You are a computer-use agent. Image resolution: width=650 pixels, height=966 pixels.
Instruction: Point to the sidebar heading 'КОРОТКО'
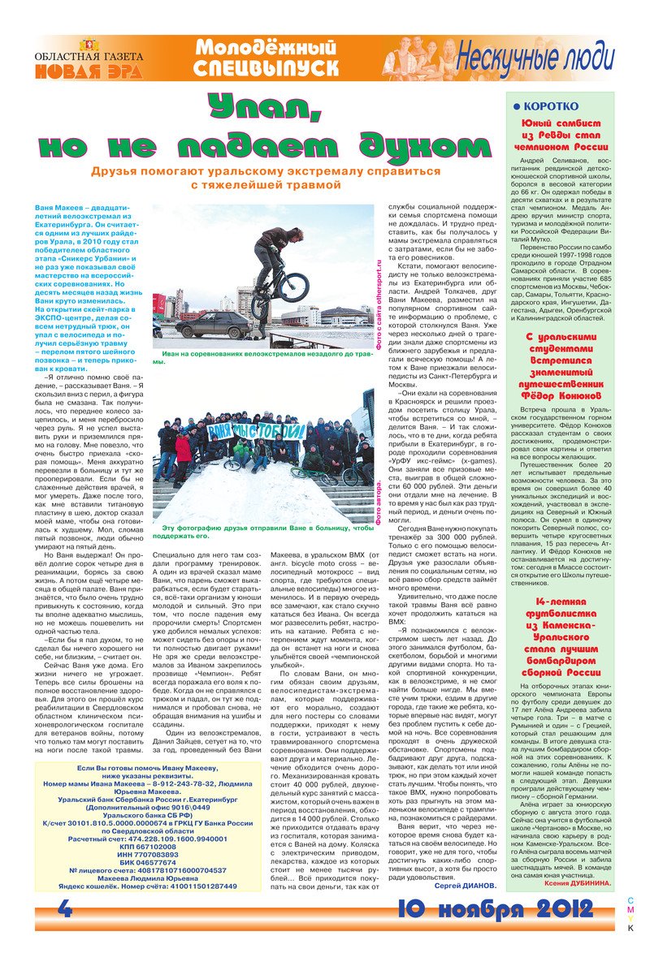pos(550,106)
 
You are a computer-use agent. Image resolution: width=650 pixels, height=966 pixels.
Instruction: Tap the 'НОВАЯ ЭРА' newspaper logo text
pos(88,71)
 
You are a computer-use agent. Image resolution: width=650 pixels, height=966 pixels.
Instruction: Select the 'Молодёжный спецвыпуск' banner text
pos(266,59)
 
